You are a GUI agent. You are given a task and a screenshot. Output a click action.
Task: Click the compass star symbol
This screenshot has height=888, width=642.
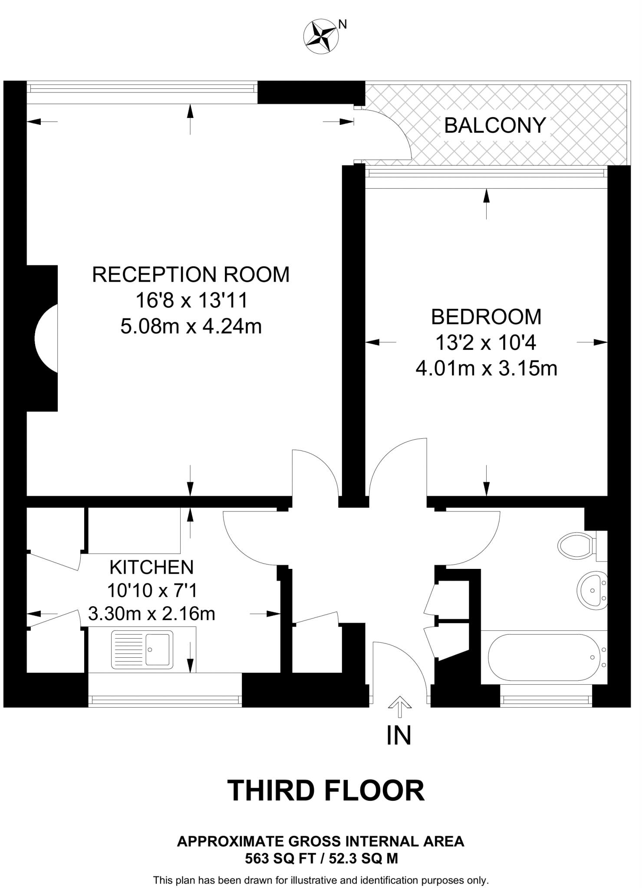(x=321, y=37)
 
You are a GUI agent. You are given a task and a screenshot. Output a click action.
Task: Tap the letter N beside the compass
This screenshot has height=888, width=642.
(x=342, y=25)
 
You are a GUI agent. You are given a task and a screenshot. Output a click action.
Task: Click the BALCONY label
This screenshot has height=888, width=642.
(x=495, y=126)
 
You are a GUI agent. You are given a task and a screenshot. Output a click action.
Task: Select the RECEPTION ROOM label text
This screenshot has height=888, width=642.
(x=191, y=275)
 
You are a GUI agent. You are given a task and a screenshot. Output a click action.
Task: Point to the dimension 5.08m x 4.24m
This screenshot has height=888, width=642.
(x=191, y=326)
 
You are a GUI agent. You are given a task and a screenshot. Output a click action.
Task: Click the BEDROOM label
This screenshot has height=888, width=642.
(x=486, y=317)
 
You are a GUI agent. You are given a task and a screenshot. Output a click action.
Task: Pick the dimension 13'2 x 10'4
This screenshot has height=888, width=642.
(x=486, y=343)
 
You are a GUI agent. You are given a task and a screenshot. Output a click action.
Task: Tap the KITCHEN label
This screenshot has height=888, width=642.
(x=151, y=567)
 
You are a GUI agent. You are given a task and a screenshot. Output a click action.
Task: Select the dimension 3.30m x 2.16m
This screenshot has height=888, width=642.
(x=151, y=614)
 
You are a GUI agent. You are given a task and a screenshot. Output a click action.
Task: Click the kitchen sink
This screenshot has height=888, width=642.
(x=142, y=650)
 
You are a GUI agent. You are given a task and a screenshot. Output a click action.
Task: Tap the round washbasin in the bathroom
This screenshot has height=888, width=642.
(x=591, y=590)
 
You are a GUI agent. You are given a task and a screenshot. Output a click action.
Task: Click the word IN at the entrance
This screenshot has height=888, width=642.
(x=398, y=735)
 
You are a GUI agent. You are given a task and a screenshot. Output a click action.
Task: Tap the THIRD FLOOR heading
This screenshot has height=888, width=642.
(x=326, y=790)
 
